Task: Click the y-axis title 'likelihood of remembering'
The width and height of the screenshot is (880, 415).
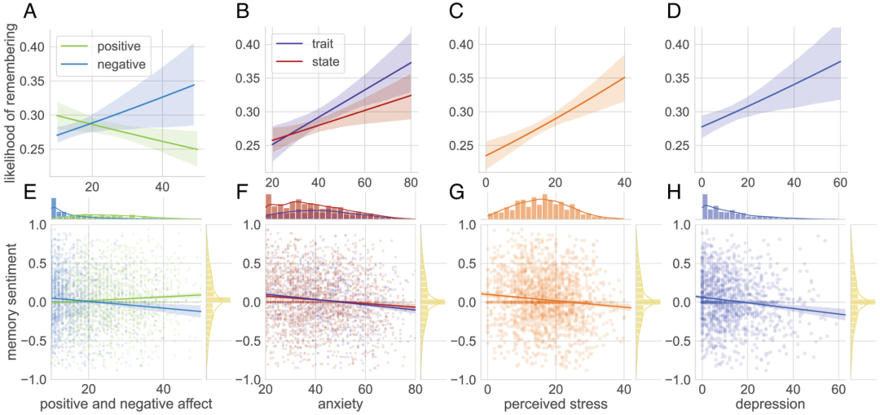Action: (11, 114)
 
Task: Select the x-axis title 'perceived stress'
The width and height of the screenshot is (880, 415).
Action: (556, 403)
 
